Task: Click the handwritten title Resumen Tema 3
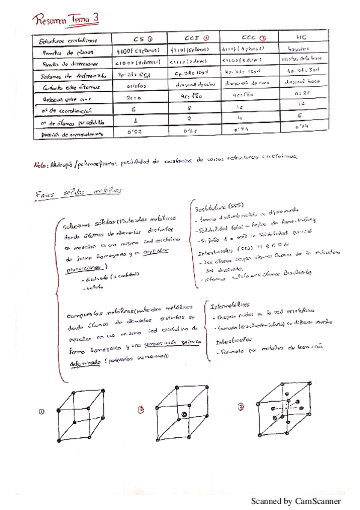68,20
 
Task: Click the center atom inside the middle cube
185,415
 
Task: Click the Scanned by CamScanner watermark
295,500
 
